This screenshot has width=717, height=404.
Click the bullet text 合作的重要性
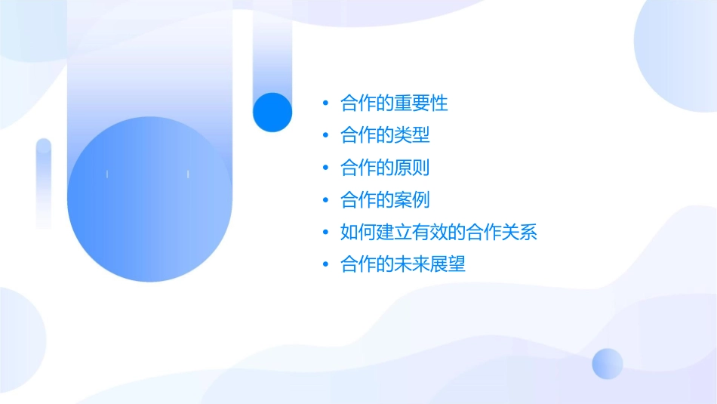point(394,103)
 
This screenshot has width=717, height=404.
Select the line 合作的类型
point(385,135)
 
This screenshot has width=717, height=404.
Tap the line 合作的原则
point(385,168)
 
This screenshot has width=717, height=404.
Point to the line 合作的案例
point(385,200)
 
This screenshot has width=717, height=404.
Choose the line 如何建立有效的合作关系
point(439,233)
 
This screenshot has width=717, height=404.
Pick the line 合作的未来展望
point(403,265)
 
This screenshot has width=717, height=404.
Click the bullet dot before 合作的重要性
point(325,103)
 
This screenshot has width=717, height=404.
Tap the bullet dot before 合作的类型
point(325,135)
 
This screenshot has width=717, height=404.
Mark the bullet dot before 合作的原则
point(325,168)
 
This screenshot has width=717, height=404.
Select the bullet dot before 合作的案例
point(325,200)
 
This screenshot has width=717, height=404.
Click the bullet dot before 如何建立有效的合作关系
point(325,233)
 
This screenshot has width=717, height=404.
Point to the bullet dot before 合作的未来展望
point(325,265)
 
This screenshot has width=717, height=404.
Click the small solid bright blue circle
point(272,112)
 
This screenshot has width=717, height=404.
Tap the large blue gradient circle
point(149,199)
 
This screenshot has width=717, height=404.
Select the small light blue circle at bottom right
point(608,363)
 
